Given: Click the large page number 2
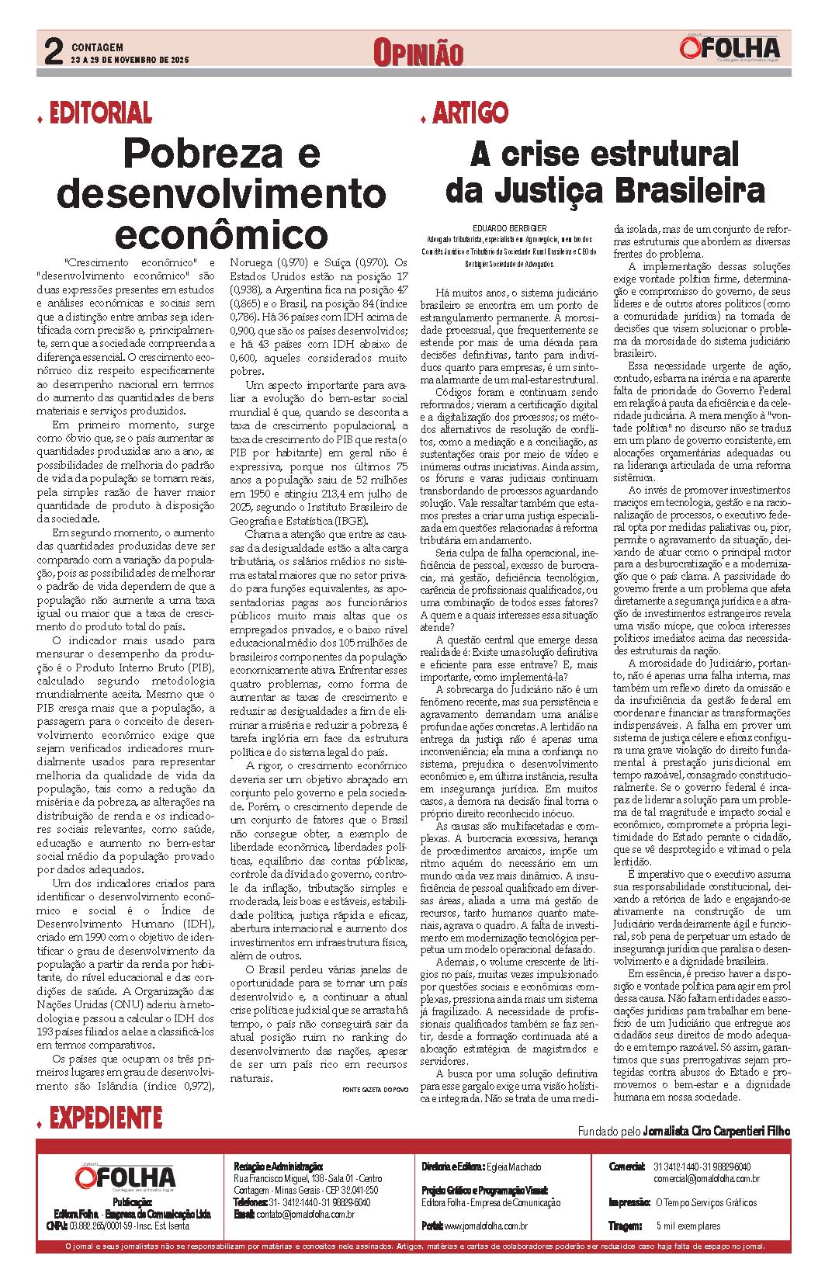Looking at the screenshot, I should (53, 52).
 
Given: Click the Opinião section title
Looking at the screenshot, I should (418, 53).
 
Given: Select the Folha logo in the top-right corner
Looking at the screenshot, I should (730, 49).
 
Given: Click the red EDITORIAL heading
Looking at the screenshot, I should (100, 114).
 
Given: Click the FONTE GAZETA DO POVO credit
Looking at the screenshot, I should (375, 1090).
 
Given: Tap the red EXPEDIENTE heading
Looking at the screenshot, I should (105, 1118).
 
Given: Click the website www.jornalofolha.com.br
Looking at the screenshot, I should (486, 1226).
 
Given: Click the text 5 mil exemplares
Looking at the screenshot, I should (688, 1226).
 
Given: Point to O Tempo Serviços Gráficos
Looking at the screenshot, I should (705, 1203).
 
